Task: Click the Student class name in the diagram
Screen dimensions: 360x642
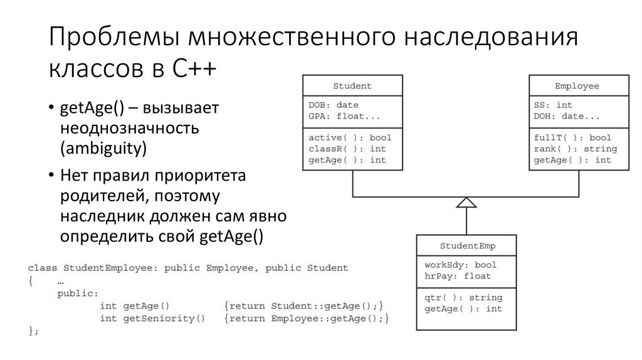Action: tap(352, 86)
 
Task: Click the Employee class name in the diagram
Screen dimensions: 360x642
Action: tap(577, 86)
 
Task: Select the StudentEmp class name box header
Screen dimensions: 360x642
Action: tap(468, 245)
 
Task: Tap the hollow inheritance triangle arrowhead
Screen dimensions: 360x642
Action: tap(466, 202)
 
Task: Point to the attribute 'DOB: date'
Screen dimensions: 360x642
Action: tap(334, 105)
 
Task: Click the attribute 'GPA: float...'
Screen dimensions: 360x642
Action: tap(344, 116)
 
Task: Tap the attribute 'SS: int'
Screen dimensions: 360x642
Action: tap(553, 105)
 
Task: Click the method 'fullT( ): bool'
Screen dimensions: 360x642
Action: tap(572, 138)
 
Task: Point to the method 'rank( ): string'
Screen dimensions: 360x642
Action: tap(575, 149)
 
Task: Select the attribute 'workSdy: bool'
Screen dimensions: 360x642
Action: tap(460, 265)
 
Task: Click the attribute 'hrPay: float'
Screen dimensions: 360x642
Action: tap(458, 275)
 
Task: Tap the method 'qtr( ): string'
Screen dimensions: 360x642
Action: tap(463, 298)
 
